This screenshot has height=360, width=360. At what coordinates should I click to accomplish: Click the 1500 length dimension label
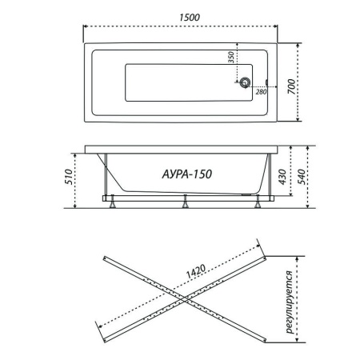pyautogui.click(x=190, y=18)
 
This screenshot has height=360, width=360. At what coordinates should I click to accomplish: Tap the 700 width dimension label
pyautogui.click(x=292, y=86)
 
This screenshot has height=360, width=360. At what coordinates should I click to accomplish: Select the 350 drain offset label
pyautogui.click(x=231, y=58)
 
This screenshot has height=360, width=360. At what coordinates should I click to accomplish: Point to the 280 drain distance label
pyautogui.click(x=261, y=92)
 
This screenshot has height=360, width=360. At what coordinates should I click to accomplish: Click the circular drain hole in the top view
pyautogui.click(x=245, y=82)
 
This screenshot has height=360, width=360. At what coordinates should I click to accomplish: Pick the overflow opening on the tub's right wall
pyautogui.click(x=266, y=82)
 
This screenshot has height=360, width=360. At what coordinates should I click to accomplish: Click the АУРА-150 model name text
pyautogui.click(x=187, y=174)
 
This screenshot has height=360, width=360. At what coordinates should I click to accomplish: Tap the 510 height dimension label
pyautogui.click(x=69, y=177)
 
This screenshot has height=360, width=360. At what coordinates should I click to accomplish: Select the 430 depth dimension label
pyautogui.click(x=282, y=177)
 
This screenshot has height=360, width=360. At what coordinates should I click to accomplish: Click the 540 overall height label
pyautogui.click(x=301, y=177)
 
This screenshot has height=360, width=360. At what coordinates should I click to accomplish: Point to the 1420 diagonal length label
pyautogui.click(x=196, y=271)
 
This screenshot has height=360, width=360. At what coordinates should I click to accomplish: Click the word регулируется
pyautogui.click(x=289, y=302)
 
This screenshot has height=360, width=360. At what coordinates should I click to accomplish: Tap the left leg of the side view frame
pyautogui.click(x=112, y=202)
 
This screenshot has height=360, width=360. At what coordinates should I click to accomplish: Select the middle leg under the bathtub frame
pyautogui.click(x=185, y=202)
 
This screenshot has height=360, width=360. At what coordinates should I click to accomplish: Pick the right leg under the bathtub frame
pyautogui.click(x=258, y=202)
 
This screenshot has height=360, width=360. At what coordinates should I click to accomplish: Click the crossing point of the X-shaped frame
pyautogui.click(x=185, y=299)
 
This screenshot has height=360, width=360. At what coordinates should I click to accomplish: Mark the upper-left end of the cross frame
pyautogui.click(x=105, y=258)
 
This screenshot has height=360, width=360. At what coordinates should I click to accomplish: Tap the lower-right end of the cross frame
pyautogui.click(x=265, y=341)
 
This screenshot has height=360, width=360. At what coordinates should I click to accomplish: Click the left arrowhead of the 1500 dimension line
pyautogui.click(x=86, y=26)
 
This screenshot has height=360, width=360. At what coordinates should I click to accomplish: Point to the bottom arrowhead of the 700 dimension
pyautogui.click(x=298, y=119)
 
